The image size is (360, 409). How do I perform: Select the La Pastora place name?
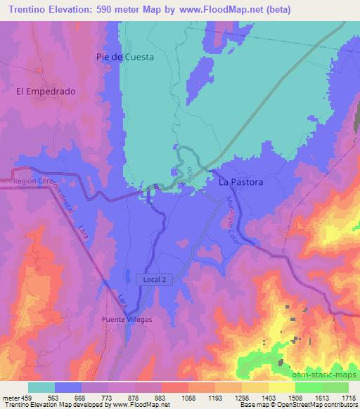click(240, 182)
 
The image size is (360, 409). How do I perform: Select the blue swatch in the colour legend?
click(67, 387)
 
